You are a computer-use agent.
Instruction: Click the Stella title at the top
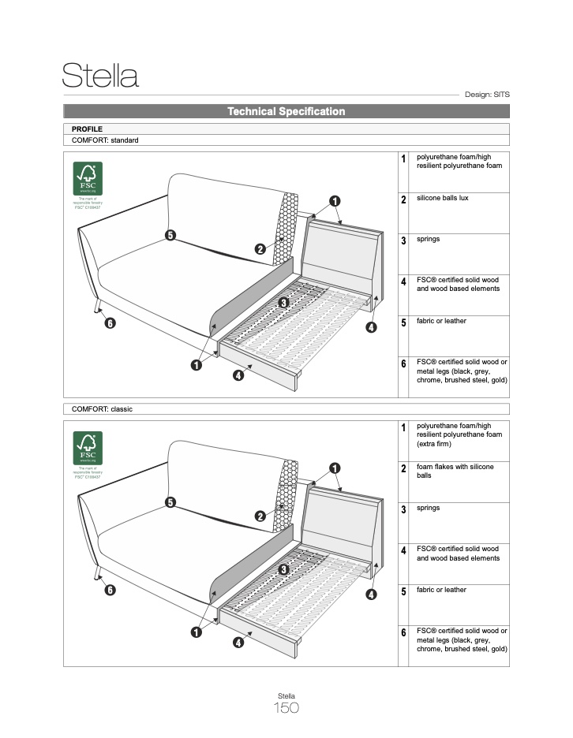pos(100,76)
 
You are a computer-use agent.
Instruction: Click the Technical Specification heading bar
pos(286,112)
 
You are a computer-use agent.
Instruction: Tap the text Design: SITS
pos(487,95)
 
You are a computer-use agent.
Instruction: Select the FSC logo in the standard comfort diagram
pos(88,179)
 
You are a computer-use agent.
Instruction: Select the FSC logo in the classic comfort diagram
pos(88,448)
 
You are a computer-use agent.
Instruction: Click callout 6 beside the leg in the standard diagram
pos(110,323)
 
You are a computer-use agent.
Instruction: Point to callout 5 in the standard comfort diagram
pos(170,234)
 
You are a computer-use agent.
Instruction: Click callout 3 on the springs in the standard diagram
pos(284,302)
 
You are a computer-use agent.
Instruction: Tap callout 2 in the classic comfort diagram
pos(260,516)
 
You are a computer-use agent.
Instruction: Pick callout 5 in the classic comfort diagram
pos(170,502)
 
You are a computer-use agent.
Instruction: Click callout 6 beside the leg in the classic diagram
pos(110,590)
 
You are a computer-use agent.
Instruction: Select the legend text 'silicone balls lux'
pos(442,198)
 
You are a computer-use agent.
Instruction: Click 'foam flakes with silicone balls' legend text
pos(455,471)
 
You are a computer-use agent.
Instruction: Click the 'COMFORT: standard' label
pos(105,140)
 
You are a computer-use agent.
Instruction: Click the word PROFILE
pos(87,129)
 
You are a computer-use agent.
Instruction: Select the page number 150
pos(286,708)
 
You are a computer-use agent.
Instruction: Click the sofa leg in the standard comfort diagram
pos(96,307)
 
